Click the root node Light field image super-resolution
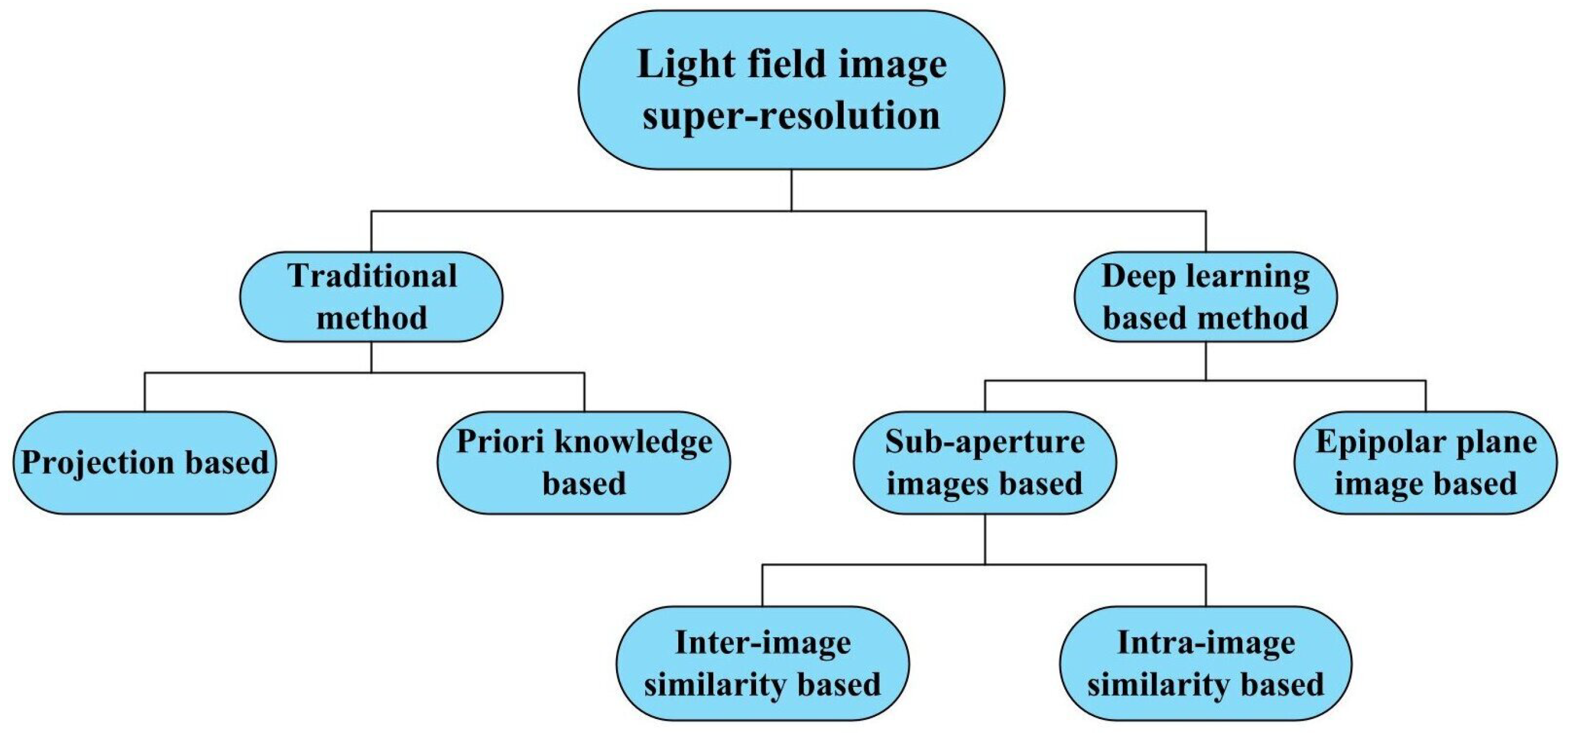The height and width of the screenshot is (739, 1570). tap(791, 90)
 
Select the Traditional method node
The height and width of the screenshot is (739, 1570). tap(371, 297)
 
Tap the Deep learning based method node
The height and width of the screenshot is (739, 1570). tap(1205, 297)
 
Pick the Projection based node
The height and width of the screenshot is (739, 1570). tap(145, 463)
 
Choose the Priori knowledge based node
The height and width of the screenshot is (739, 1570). tap(584, 463)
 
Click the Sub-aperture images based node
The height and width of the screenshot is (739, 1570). tap(984, 463)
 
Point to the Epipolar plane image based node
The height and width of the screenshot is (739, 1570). tap(1425, 463)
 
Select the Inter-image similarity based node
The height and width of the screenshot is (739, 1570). tap(762, 663)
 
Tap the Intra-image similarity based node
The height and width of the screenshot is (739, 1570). tap(1206, 663)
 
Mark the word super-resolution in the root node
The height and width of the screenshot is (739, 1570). tap(791, 116)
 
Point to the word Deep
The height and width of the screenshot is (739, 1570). tap(1130, 277)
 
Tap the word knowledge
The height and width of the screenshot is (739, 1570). tap(634, 442)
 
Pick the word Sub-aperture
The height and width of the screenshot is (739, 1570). tap(984, 442)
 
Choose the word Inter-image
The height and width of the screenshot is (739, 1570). tap(762, 643)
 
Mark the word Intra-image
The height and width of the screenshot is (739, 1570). tap(1206, 643)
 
